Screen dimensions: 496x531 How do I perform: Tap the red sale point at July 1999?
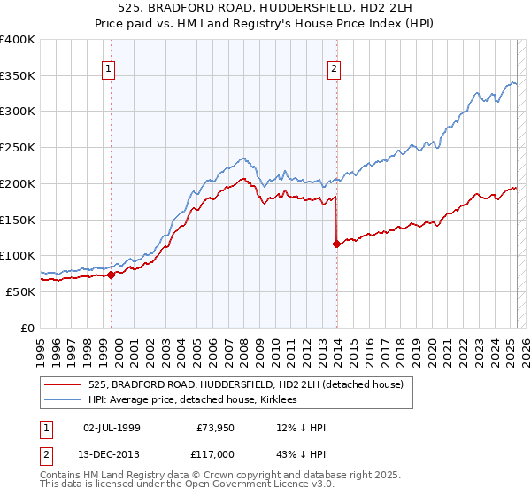coord(111,275)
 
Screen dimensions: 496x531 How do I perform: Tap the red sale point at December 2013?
coord(337,244)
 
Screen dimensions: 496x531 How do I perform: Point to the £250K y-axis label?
coord(18,147)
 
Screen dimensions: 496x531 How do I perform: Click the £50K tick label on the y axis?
coord(21,291)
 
